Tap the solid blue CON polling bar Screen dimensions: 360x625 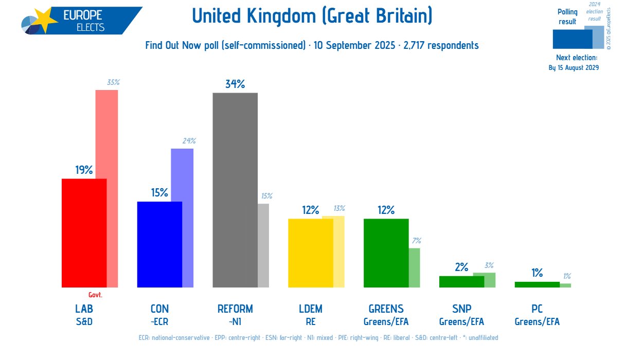click(159, 244)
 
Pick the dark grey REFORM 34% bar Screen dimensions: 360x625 click(235, 190)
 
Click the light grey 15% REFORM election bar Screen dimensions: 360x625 click(263, 245)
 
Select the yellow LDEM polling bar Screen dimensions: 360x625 click(311, 253)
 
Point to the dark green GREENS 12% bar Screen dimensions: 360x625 click(386, 253)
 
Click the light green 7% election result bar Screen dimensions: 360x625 click(415, 267)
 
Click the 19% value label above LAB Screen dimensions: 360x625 click(84, 170)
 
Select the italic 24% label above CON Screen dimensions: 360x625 click(189, 140)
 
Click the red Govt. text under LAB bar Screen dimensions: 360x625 click(95, 295)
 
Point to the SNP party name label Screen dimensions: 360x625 click(461, 309)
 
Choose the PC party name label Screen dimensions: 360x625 click(537, 309)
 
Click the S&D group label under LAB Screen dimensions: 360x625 click(84, 322)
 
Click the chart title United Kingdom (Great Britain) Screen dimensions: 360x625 click(312, 16)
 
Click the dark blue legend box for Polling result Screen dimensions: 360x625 click(572, 39)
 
